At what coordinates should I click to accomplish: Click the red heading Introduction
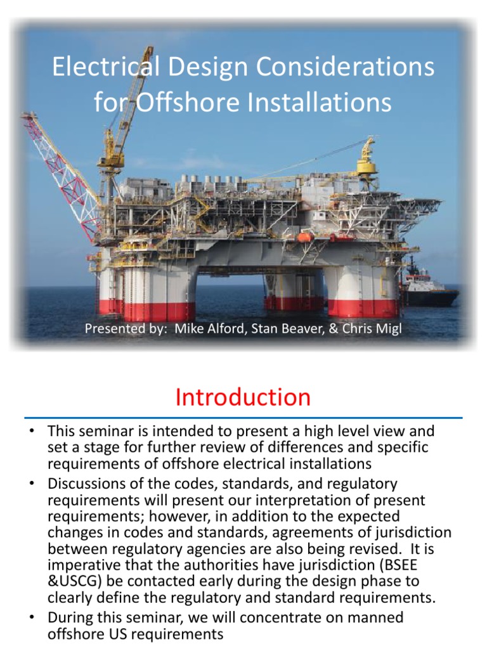[x=243, y=397]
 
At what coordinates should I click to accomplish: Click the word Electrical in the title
[x=101, y=68]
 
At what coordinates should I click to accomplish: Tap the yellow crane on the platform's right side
[x=367, y=155]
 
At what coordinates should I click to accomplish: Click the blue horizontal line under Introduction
[x=243, y=418]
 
